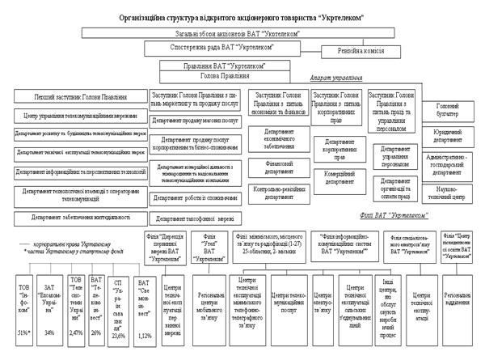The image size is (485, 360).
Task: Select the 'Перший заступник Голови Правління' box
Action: tap(78, 98)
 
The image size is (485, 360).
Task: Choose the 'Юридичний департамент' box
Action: tap(448, 133)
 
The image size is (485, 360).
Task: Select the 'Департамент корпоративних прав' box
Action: tap(339, 146)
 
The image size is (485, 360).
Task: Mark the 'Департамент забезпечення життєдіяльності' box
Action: tap(75, 217)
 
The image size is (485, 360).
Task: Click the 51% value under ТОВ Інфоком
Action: tap(23, 332)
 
